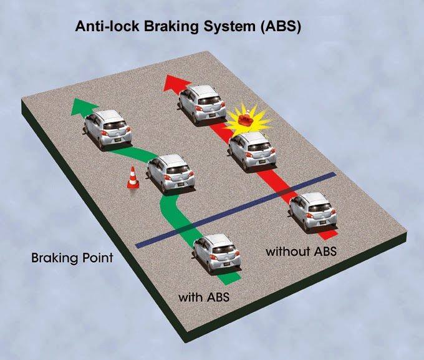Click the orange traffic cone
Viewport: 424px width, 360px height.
(133, 180)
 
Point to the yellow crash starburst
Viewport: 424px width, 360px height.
(248, 119)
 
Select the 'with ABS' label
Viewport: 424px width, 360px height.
(204, 296)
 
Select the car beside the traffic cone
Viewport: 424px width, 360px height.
(170, 173)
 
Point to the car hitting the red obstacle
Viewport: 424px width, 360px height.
(251, 150)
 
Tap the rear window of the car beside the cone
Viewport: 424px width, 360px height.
(172, 166)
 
